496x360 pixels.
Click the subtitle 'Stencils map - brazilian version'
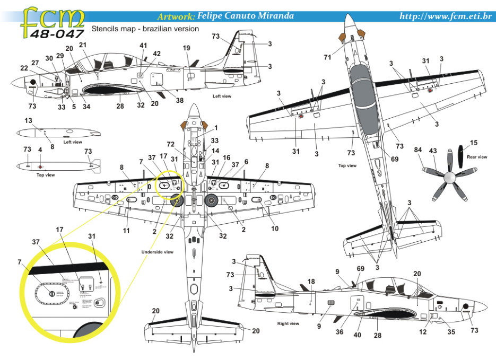(x=145, y=29)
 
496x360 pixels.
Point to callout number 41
(x=143, y=46)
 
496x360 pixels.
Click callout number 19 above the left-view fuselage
(x=186, y=48)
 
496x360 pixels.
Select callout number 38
(x=180, y=100)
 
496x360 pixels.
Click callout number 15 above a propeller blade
(x=474, y=143)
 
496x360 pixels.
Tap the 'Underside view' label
(x=157, y=251)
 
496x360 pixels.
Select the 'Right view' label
(x=288, y=323)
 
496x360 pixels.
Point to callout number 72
(x=171, y=144)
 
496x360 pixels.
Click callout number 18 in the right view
(x=311, y=281)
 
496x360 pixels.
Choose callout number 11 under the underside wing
(x=126, y=231)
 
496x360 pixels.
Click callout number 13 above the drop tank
(x=28, y=120)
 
